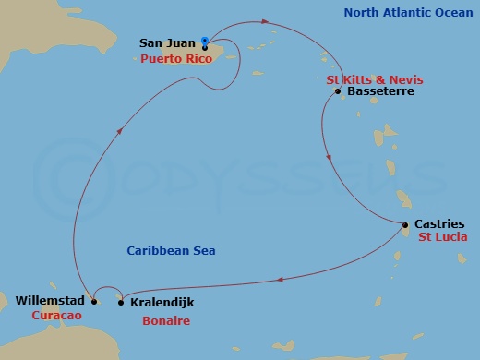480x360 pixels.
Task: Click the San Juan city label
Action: (x=167, y=42)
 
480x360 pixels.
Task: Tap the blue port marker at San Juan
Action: (x=204, y=42)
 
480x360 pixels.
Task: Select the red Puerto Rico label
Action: (x=176, y=59)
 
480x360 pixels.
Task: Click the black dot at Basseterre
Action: (x=339, y=91)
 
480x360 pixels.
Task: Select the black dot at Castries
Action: (x=405, y=224)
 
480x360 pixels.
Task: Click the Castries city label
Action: (x=439, y=224)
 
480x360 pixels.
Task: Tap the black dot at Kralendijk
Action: (x=121, y=302)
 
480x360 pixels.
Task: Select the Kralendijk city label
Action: (x=161, y=302)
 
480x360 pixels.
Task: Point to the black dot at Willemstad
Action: (x=93, y=301)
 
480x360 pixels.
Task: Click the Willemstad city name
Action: (x=51, y=301)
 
